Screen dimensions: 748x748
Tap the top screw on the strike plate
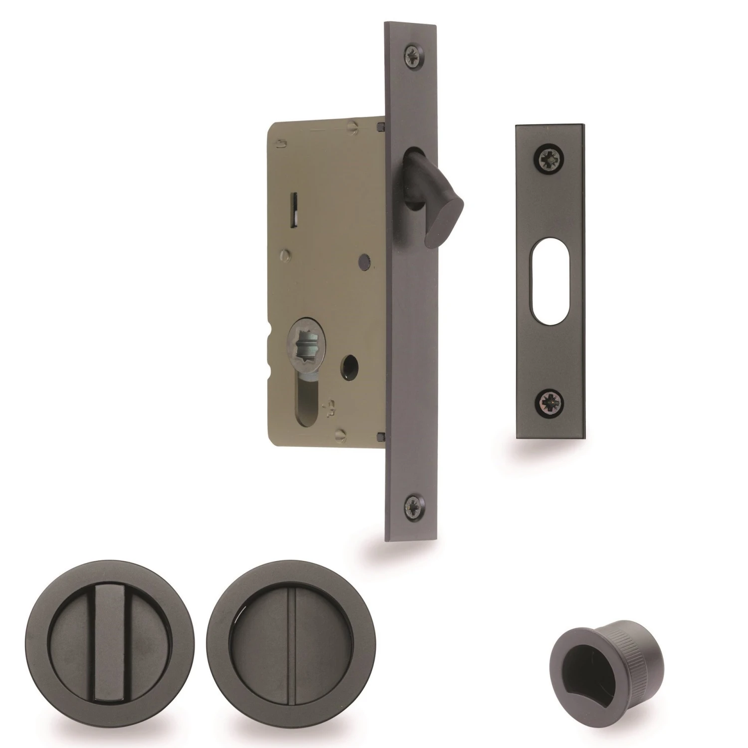pos(550,157)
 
